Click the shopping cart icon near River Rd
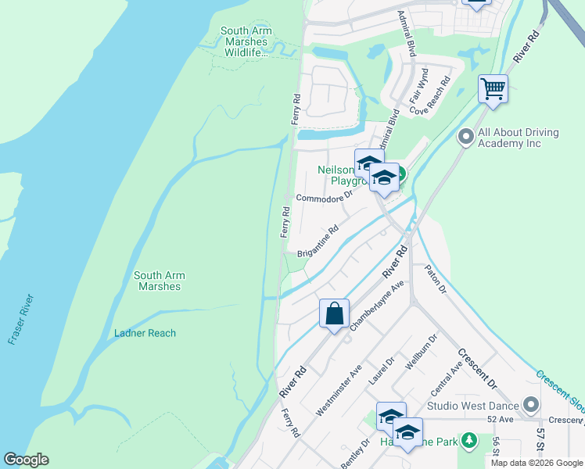point(493,88)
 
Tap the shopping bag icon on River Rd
point(334,313)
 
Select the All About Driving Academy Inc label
point(519,138)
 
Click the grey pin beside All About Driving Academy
point(466,138)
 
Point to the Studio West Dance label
point(473,406)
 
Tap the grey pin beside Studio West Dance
point(532,405)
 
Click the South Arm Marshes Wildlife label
point(246,42)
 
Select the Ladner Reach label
point(145,333)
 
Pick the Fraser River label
point(21,319)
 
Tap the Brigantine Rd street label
point(318,242)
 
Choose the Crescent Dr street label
point(477,368)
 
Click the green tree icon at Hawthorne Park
point(469,441)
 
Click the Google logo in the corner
point(26,460)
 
